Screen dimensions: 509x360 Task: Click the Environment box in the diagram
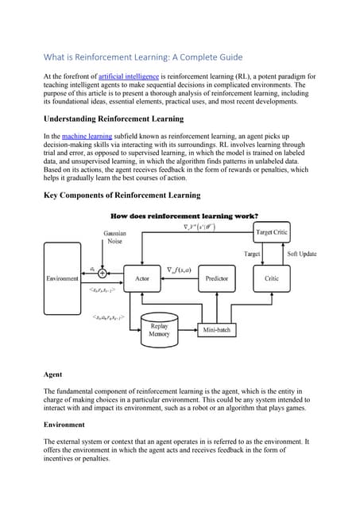tap(62, 278)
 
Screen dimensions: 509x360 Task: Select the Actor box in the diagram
tap(143, 278)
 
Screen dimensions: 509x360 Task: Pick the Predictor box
tap(216, 278)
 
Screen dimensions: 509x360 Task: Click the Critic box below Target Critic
tap(271, 278)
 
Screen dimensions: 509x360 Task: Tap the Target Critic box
tap(272, 231)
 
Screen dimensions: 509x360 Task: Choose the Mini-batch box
tap(216, 329)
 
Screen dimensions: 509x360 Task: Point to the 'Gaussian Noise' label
tap(114, 237)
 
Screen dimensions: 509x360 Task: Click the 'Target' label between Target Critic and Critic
tap(251, 254)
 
